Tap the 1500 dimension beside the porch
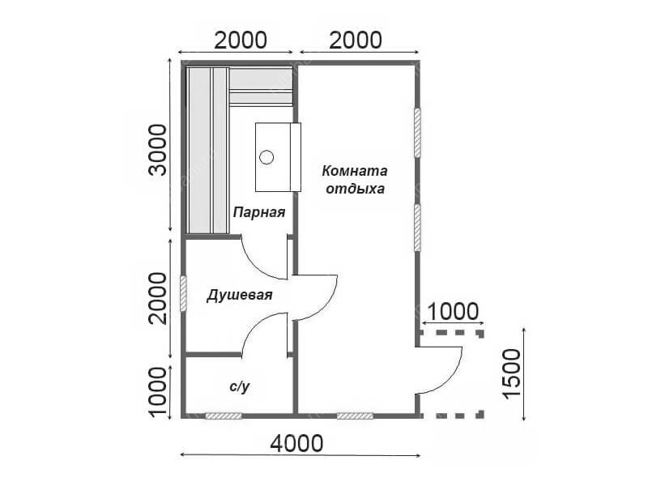513,373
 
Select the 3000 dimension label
159,150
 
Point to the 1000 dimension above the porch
453,312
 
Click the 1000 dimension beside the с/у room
159,392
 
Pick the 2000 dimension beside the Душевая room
159,298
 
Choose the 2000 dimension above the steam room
241,40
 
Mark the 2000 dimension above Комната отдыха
356,40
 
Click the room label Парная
259,212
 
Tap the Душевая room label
239,296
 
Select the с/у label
240,386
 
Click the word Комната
355,171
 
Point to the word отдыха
355,189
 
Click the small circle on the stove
266,157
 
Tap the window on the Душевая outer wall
184,294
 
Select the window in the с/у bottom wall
224,416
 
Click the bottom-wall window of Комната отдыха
355,416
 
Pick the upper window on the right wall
417,133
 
